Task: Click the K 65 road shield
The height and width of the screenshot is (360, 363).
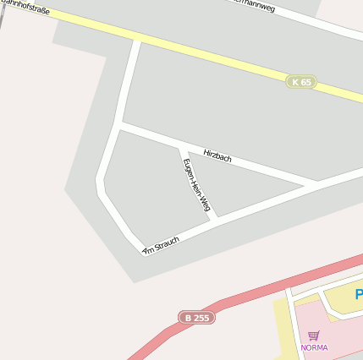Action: pos(300,82)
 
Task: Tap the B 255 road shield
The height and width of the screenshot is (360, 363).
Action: pos(196,318)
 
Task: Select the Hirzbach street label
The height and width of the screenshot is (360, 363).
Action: pos(217,155)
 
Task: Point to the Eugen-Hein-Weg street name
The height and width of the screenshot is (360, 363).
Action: pos(190,184)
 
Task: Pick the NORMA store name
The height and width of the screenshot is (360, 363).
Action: pos(314,347)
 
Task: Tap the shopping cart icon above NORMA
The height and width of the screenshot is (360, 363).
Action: pos(314,335)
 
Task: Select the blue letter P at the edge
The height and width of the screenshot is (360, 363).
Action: pos(359,295)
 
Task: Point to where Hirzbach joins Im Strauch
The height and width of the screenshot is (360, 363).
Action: pos(317,183)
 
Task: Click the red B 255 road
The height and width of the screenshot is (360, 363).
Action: pos(254,294)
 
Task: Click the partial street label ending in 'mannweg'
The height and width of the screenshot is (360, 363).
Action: pos(254,5)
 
